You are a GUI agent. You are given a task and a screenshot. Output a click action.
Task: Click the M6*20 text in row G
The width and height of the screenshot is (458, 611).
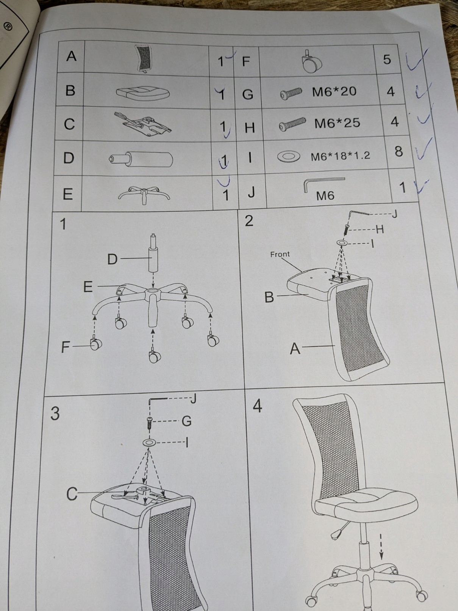click(334, 92)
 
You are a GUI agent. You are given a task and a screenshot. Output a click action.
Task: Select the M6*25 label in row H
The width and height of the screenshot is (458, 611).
click(337, 123)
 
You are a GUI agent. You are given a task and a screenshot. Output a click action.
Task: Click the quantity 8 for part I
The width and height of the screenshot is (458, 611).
click(399, 152)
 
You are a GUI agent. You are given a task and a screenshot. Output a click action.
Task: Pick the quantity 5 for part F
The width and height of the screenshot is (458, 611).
click(387, 60)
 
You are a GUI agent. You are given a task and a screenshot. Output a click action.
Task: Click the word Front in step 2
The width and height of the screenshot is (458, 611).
click(280, 254)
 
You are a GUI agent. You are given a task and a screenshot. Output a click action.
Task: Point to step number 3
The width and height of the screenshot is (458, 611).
click(55, 414)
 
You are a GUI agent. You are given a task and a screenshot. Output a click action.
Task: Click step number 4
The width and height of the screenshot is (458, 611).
click(257, 406)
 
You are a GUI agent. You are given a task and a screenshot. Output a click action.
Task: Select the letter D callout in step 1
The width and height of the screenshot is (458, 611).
click(113, 260)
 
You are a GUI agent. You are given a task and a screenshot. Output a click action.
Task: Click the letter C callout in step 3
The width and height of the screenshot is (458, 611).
click(72, 494)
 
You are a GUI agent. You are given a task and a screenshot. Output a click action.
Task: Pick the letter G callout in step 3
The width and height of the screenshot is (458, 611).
click(186, 421)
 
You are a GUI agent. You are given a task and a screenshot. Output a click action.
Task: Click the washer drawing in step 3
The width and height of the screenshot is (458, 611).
click(149, 443)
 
